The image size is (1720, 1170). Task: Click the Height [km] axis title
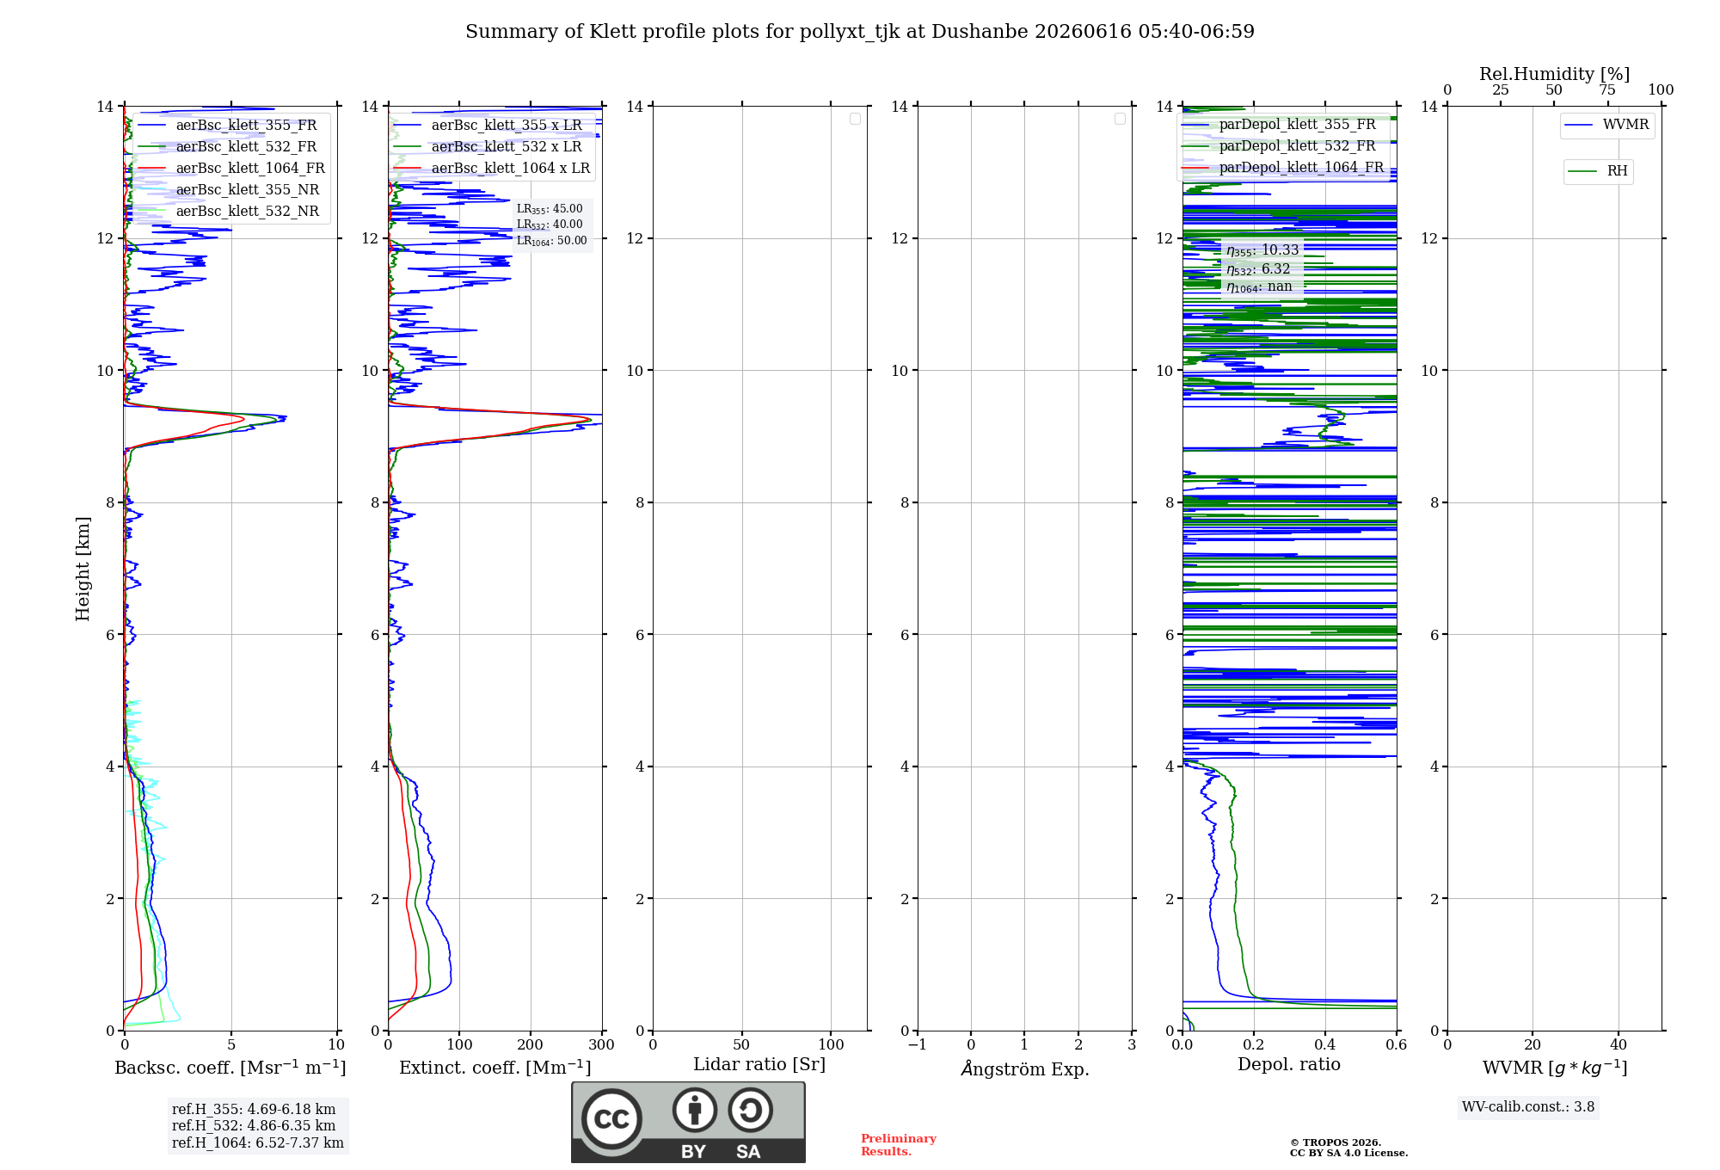83,569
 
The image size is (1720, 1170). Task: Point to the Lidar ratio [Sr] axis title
759,1064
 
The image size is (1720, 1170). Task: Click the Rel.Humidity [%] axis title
1554,74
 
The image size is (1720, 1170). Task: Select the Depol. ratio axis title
1289,1064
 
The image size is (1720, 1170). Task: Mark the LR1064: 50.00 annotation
551,241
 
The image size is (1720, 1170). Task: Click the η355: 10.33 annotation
1262,250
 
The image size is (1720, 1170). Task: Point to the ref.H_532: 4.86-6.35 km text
254,1125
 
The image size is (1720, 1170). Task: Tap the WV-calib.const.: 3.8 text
1528,1107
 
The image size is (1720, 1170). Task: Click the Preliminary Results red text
898,1145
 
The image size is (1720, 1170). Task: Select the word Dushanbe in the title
980,32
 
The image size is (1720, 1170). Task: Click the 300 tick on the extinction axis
601,1044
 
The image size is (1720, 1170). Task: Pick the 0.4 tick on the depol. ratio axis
1325,1044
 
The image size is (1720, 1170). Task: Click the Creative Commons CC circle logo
611,1119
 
